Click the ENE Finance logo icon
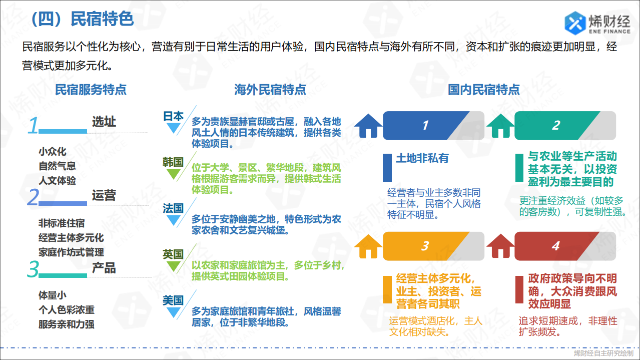tap(575, 21)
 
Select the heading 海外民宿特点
tap(270, 90)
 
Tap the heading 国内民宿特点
tap(484, 90)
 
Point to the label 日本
tap(174, 116)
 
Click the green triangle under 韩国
tap(174, 174)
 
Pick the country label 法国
tap(174, 208)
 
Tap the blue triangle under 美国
tap(174, 313)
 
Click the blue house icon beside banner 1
tap(368, 126)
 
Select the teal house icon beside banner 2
tap(500, 126)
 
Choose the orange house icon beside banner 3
tap(368, 246)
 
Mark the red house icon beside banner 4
tap(500, 246)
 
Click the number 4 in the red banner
tap(555, 246)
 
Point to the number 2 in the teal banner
tap(556, 126)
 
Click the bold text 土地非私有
tap(422, 158)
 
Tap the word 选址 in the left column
tap(104, 122)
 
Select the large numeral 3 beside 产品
tap(33, 269)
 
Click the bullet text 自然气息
tap(57, 166)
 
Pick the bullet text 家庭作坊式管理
tap(71, 252)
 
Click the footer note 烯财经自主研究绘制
tap(603, 353)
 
